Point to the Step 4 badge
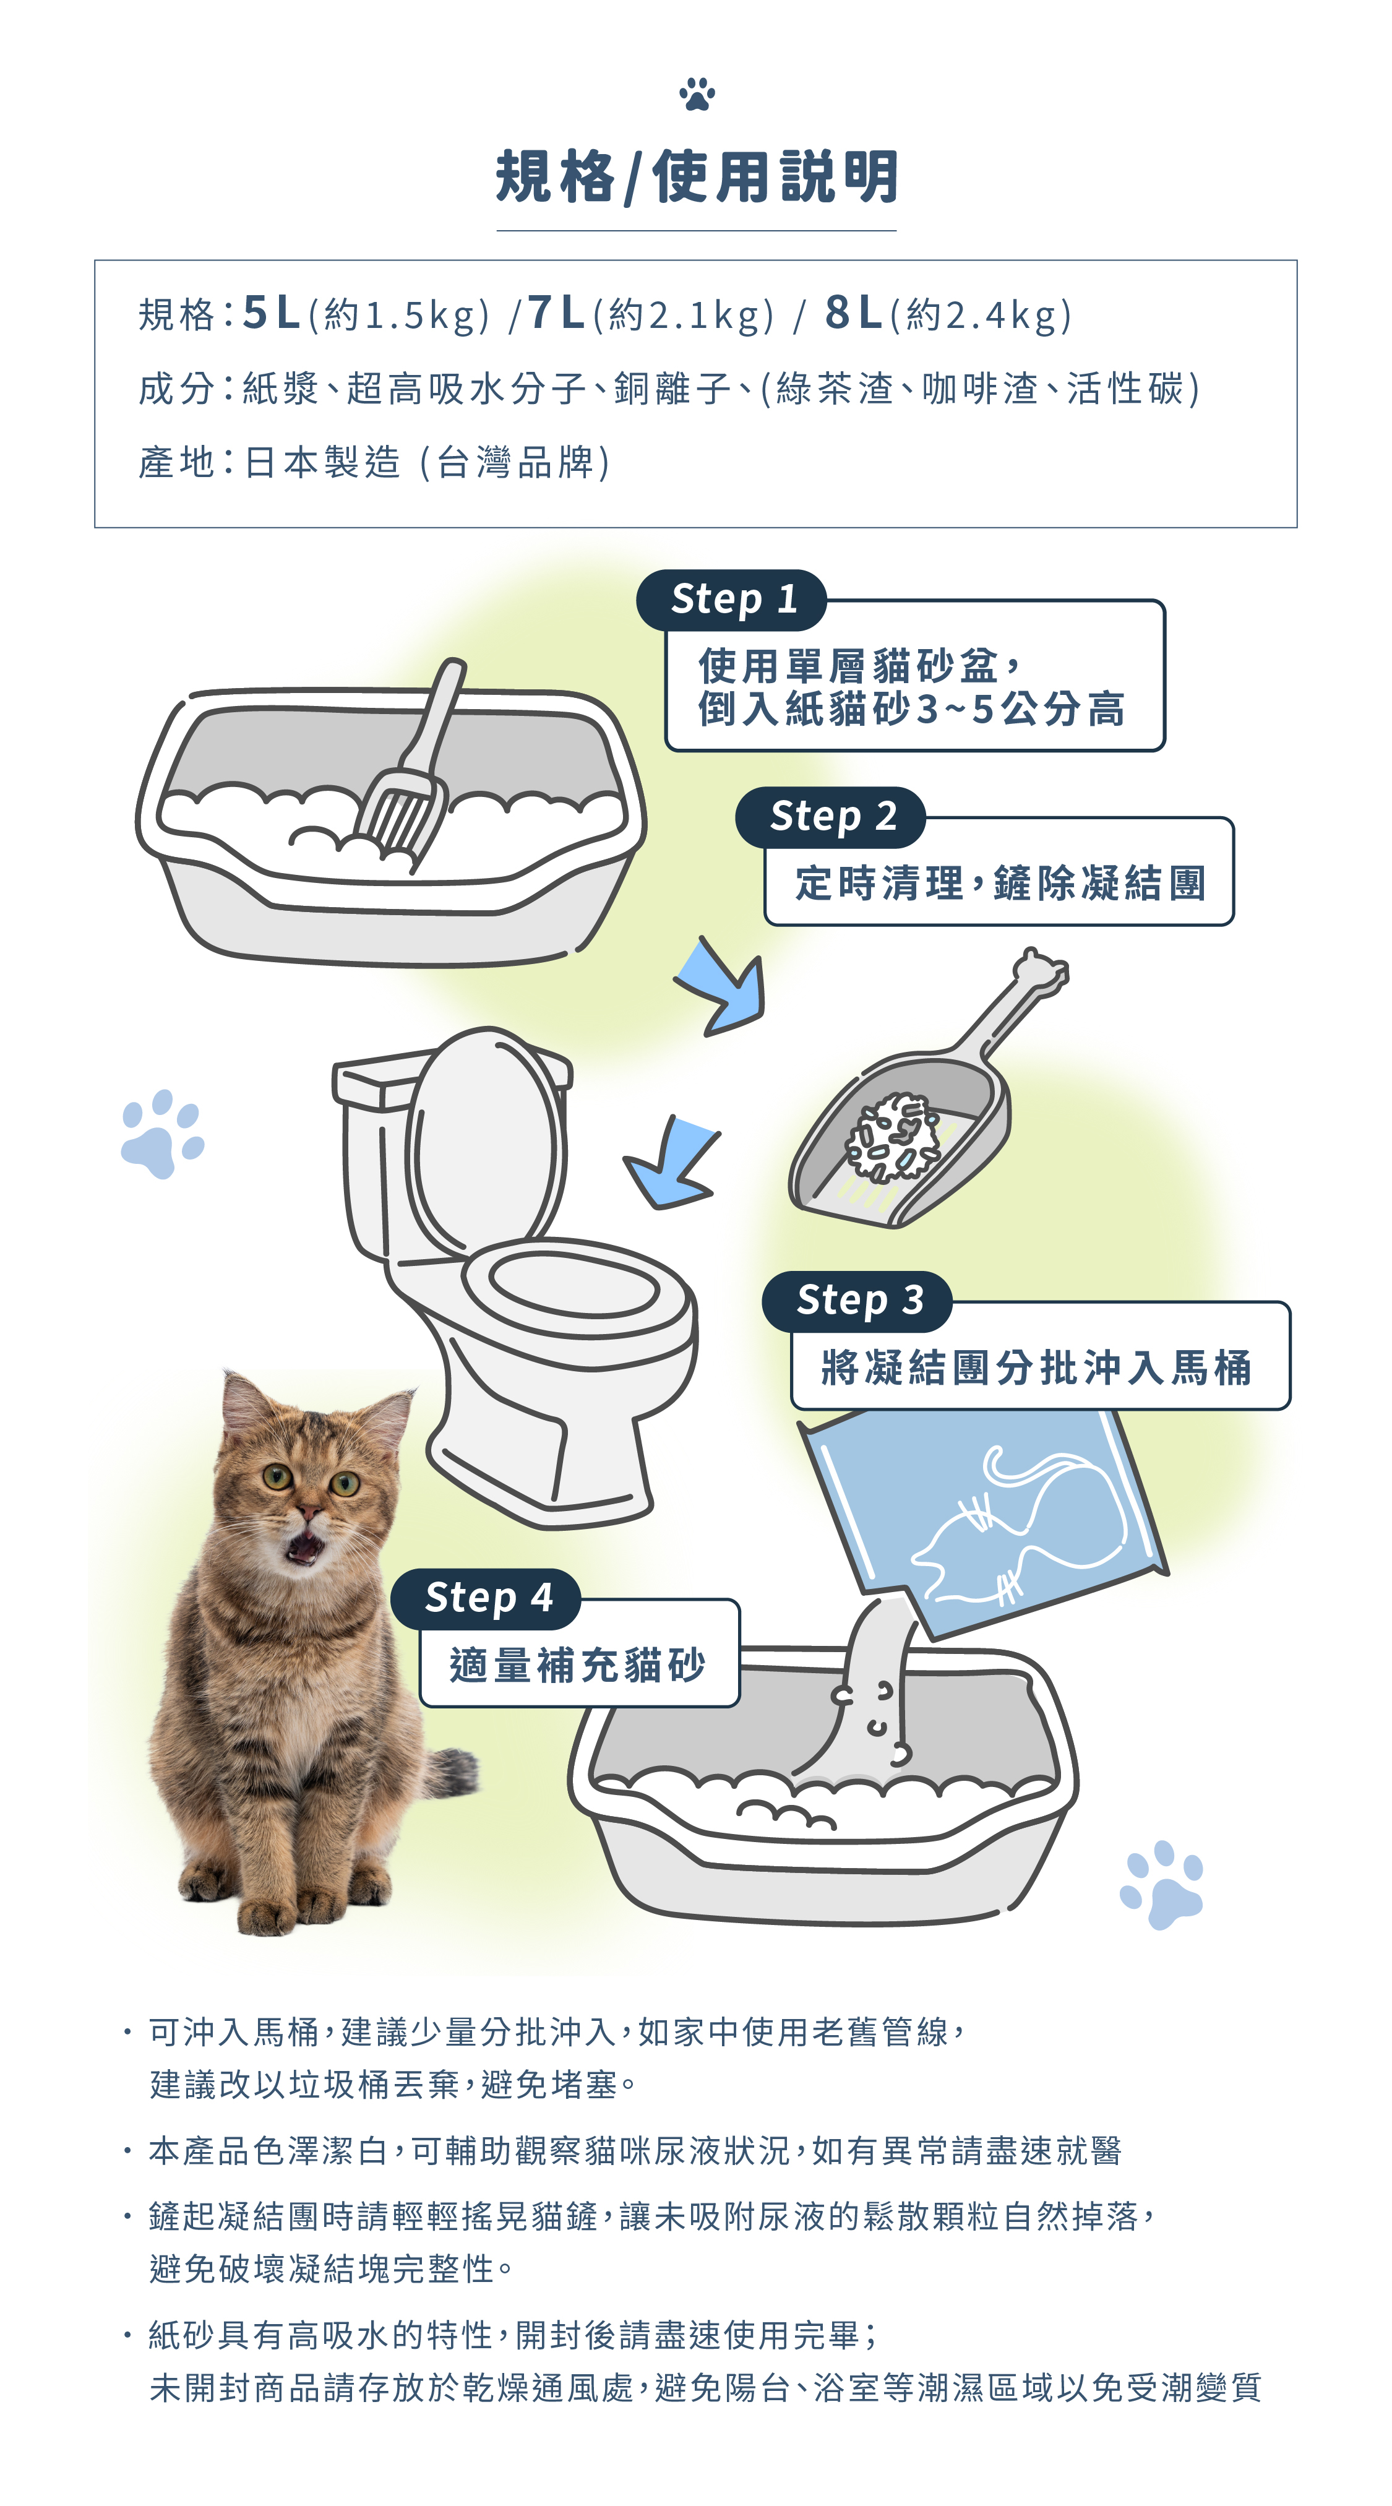click(x=486, y=1598)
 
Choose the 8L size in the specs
click(x=853, y=313)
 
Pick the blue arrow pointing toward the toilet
click(x=671, y=1163)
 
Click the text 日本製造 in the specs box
click(x=322, y=462)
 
